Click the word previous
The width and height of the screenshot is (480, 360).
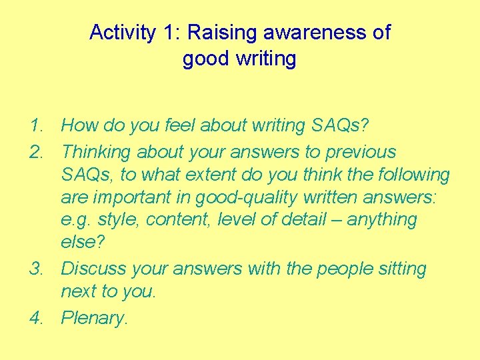click(361, 152)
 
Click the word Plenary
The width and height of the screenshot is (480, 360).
click(93, 318)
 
